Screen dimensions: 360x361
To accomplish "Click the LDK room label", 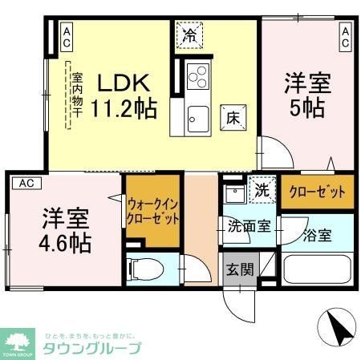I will [122, 83].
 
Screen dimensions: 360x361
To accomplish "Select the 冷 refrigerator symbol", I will [190, 34].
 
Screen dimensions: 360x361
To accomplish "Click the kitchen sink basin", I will [197, 120].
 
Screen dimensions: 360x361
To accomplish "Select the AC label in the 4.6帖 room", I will [26, 184].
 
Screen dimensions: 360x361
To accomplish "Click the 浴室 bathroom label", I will [318, 236].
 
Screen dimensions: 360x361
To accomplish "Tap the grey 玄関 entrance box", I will [235, 269].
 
